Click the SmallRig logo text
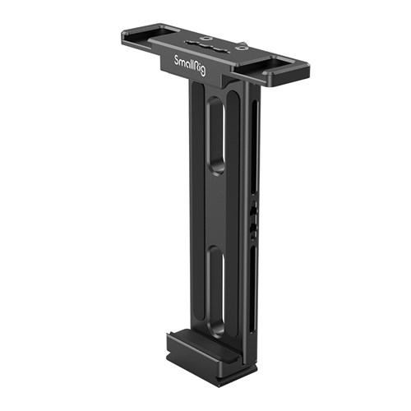190,66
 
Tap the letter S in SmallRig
177,60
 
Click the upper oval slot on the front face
217,135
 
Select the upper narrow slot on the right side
255,147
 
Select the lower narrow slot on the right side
254,289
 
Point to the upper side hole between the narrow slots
254,210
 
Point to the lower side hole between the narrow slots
254,229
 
